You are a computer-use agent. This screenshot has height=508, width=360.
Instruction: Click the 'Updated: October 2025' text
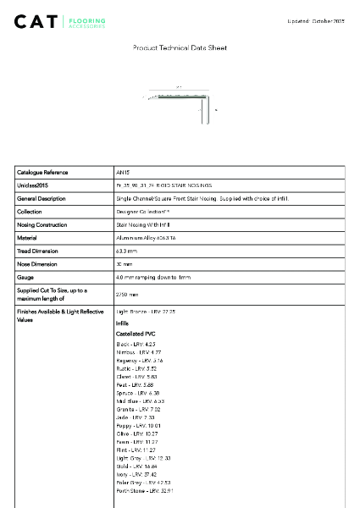click(x=315, y=20)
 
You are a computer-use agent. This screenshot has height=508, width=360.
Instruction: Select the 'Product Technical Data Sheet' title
click(x=180, y=48)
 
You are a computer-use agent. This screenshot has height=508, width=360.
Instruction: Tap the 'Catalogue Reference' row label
click(x=42, y=172)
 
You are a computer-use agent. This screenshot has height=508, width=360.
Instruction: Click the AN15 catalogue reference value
click(x=123, y=172)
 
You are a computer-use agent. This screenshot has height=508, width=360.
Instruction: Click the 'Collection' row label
click(x=30, y=212)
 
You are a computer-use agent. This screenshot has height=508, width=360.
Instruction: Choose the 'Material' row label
click(x=28, y=238)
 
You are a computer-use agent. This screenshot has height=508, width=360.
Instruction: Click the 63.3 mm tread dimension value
click(x=126, y=251)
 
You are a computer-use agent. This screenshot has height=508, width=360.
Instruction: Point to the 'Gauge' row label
click(x=25, y=278)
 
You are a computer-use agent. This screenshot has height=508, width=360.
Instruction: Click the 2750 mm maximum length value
click(x=127, y=295)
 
